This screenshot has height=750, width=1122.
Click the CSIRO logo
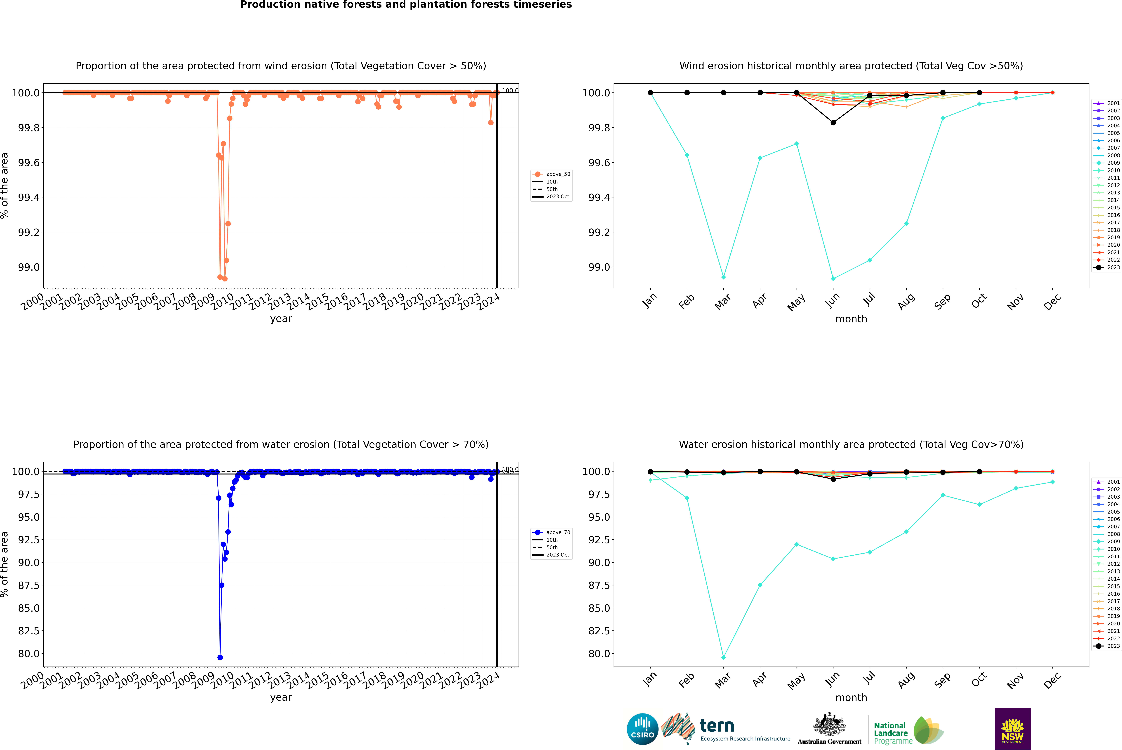point(642,729)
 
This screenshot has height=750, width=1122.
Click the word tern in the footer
point(716,726)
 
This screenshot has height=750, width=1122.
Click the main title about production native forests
point(406,5)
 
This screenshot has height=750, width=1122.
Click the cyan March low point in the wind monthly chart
point(723,277)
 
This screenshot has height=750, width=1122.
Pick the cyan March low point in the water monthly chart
point(723,657)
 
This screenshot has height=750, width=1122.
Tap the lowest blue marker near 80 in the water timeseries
point(220,657)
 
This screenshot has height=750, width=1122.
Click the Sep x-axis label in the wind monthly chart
point(942,301)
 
